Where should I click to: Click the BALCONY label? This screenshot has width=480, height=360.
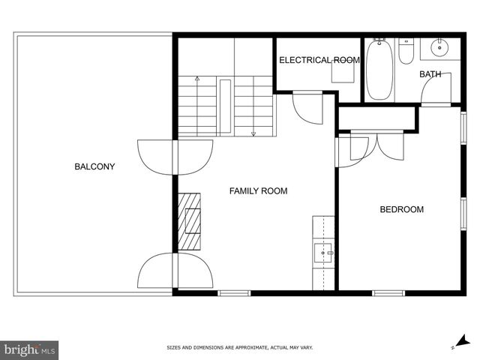click(94, 166)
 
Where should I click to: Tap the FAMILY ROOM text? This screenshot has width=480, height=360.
click(258, 191)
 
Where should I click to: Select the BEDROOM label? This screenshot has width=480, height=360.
click(401, 209)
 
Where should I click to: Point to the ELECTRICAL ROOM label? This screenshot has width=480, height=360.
click(319, 60)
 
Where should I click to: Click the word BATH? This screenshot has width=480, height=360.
click(430, 74)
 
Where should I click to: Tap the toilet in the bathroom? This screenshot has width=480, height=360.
click(406, 51)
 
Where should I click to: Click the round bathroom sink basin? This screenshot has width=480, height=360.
click(439, 47)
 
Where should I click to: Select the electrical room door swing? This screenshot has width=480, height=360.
click(307, 107)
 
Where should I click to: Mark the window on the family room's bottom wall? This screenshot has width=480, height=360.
click(234, 292)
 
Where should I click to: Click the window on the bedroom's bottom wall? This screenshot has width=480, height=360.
click(388, 292)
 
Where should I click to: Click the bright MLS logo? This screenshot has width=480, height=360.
click(30, 349)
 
